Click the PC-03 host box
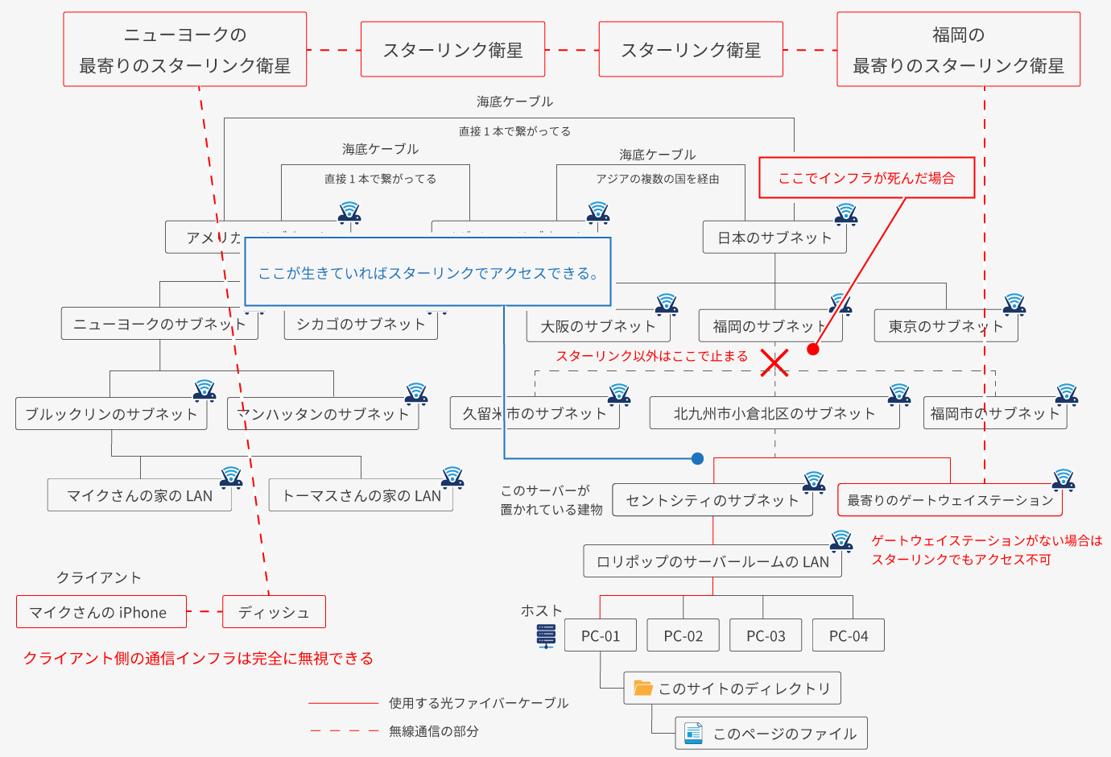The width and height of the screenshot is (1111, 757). point(766,635)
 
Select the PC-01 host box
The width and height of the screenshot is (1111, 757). point(601,635)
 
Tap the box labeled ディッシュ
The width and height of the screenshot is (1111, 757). point(274,612)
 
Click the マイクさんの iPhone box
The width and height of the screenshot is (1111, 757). point(101,612)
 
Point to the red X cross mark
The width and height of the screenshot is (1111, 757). point(774,362)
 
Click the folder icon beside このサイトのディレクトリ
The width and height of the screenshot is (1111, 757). point(642,688)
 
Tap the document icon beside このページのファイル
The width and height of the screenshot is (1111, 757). point(693,733)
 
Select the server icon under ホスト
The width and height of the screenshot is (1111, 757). point(546,636)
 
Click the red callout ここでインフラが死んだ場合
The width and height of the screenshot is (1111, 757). point(866,178)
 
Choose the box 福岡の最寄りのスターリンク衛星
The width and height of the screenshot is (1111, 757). point(958,50)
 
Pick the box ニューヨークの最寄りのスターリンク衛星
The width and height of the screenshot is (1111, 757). point(184,50)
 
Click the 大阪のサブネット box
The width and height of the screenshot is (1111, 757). point(597,326)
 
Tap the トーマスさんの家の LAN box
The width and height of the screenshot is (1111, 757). point(361,495)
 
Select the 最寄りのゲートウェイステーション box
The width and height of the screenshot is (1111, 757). point(949,500)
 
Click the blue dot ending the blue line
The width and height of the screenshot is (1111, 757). point(697,458)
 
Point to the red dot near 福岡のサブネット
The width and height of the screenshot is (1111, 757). point(813,349)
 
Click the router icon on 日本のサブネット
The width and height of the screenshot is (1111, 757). point(845,213)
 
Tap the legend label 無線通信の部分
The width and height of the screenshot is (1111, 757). point(434,731)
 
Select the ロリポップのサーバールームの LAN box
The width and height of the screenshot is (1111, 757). point(712,561)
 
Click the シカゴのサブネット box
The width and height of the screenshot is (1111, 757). point(361,325)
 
